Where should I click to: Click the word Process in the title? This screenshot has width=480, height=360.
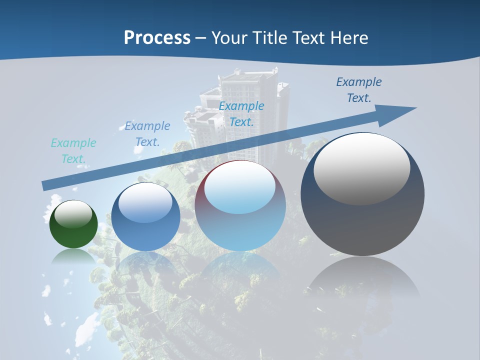click(157, 37)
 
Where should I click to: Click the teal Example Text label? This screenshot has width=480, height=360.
click(73, 151)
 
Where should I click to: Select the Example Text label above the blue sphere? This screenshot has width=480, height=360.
click(147, 134)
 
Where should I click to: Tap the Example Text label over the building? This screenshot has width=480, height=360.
click(241, 114)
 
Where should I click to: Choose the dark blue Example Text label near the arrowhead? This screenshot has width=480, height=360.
click(359, 90)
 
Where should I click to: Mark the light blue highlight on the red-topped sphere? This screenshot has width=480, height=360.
click(240, 187)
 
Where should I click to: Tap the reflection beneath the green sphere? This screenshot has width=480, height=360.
click(73, 256)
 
